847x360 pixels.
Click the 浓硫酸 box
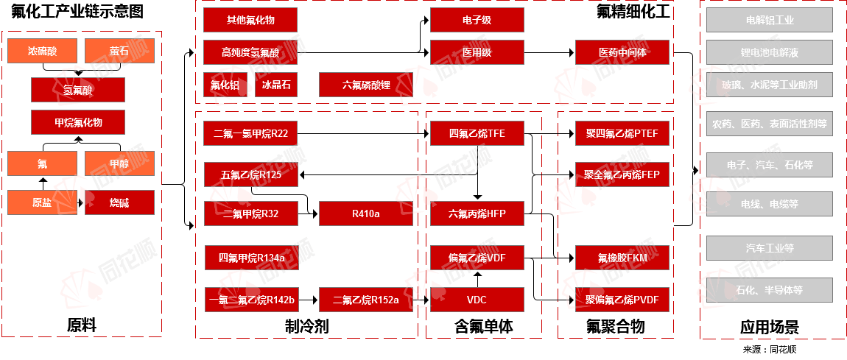42,52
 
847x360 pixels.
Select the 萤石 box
119,52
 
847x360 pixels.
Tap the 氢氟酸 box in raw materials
77,90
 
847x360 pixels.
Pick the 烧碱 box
119,202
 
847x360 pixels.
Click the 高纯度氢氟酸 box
250,52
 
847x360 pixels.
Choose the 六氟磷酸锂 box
366,85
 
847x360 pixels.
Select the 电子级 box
477,20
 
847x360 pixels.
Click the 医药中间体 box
622,52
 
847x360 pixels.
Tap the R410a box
365,214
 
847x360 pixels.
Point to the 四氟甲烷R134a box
250,258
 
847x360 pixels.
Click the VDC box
477,300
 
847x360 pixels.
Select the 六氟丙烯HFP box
477,214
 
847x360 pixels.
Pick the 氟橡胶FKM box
622,258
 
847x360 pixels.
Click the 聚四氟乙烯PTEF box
622,134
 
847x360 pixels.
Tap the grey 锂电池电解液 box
770,52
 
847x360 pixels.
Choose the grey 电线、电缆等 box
770,203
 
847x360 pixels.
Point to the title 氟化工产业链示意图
77,11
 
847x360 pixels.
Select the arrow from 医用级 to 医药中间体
549,52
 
